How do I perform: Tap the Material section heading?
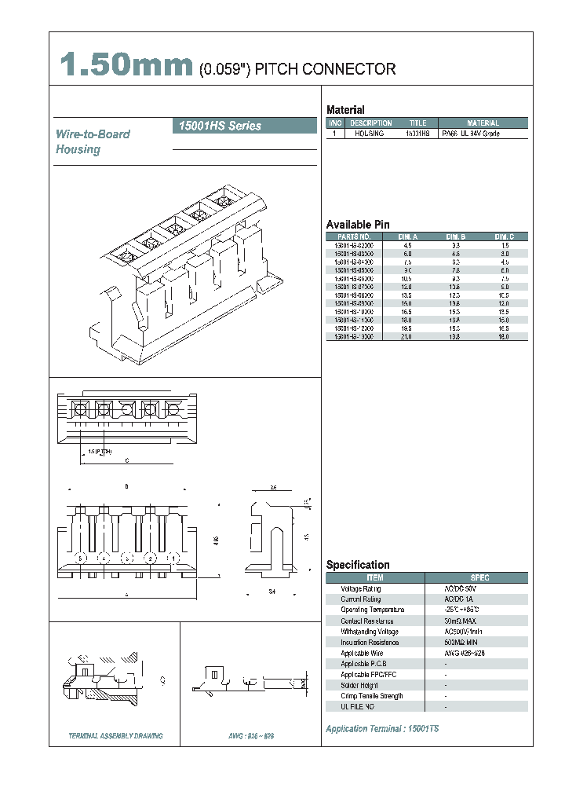[345, 110]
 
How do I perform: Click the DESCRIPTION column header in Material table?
[370, 123]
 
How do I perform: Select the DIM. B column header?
[456, 236]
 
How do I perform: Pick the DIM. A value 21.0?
[408, 336]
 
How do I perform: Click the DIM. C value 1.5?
[505, 246]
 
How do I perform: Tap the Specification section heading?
[358, 565]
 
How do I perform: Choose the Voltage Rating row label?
[360, 588]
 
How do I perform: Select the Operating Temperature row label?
[372, 610]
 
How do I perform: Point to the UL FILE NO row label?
[359, 707]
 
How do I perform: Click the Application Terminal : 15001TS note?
[382, 729]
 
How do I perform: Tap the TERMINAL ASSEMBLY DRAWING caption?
[116, 736]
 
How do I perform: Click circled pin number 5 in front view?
[79, 558]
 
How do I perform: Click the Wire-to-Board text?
[93, 134]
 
